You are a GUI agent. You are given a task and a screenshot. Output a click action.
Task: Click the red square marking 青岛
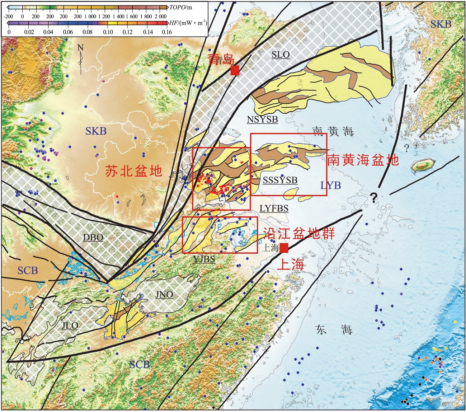(x=235, y=71)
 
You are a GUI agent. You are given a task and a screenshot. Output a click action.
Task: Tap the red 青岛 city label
(x=221, y=60)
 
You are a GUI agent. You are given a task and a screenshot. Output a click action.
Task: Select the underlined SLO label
(x=280, y=55)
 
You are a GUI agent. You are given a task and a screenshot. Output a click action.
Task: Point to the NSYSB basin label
(x=262, y=120)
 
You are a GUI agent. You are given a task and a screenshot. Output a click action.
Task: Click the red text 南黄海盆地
(x=363, y=160)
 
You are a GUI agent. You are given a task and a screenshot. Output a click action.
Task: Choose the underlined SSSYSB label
(x=280, y=180)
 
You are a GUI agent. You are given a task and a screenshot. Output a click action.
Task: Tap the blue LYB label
(x=330, y=185)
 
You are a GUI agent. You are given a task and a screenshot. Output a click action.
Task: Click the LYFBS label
(x=274, y=208)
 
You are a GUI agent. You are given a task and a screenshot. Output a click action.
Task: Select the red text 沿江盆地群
(x=299, y=234)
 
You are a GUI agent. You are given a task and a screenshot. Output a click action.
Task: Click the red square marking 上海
(x=284, y=248)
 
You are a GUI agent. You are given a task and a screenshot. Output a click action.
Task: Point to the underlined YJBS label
(x=204, y=259)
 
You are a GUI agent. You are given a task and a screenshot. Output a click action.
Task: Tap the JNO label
(x=164, y=295)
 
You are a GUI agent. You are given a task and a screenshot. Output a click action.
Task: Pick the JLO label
(x=70, y=326)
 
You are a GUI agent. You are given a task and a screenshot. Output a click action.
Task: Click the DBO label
(x=93, y=237)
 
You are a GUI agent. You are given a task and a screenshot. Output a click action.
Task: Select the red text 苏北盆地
(x=133, y=171)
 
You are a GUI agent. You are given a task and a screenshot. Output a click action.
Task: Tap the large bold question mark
(x=374, y=197)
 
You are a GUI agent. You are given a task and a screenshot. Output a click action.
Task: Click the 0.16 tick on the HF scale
(x=167, y=32)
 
